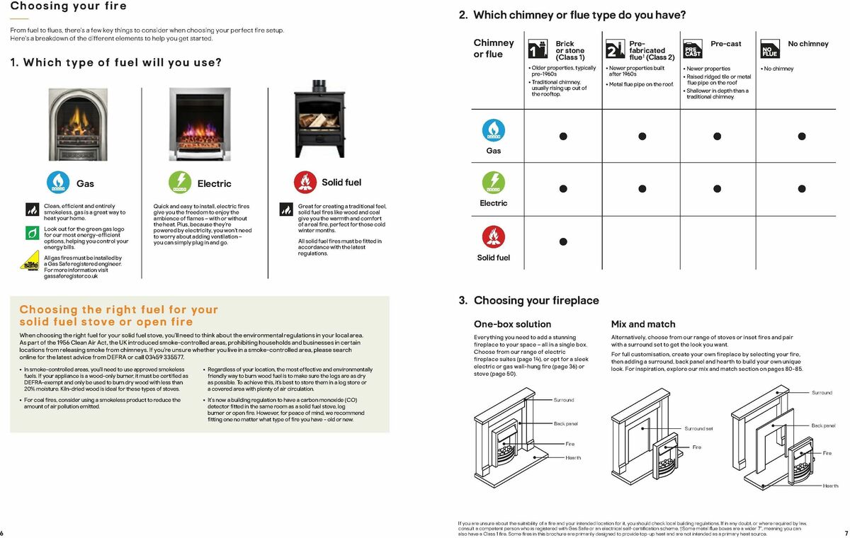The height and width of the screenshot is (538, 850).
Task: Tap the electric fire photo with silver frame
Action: tap(200, 122)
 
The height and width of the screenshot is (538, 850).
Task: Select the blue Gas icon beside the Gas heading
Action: tap(58, 183)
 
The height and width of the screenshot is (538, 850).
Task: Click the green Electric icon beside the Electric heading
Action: tap(180, 183)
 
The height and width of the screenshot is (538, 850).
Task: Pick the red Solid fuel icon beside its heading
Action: tap(305, 183)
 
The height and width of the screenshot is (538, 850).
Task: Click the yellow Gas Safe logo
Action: tap(30, 263)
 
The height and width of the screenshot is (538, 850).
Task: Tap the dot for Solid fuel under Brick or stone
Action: tap(563, 242)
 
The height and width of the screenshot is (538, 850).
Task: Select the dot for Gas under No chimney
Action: tap(802, 136)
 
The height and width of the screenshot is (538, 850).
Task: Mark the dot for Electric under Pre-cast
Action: tap(717, 189)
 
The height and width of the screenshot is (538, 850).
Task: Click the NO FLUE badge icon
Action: tap(769, 50)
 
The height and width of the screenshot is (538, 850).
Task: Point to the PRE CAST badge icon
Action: tap(692, 50)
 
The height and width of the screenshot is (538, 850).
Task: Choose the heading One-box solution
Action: tap(512, 324)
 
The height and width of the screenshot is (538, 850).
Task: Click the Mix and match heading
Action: tap(643, 324)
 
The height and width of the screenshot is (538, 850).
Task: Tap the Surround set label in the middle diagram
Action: tap(698, 428)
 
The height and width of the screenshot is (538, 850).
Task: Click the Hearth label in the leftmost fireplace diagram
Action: tap(573, 457)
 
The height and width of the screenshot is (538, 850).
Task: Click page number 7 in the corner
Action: tap(846, 532)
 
